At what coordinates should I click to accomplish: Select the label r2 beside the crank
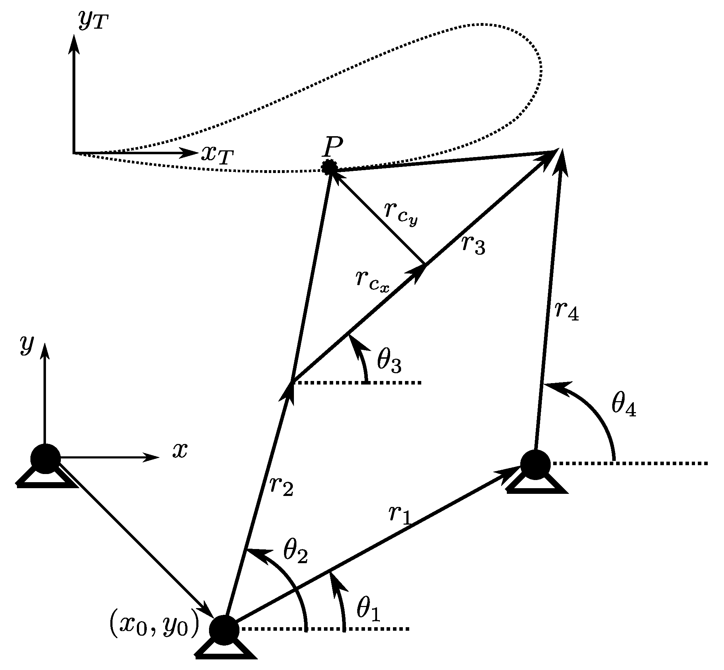[x=281, y=486]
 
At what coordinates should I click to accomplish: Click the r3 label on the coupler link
[x=474, y=246]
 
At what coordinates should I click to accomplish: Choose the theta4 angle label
[x=624, y=405]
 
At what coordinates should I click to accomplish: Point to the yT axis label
[x=93, y=21]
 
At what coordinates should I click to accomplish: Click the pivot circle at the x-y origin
[x=45, y=458]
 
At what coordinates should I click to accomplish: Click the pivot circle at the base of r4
[x=535, y=465]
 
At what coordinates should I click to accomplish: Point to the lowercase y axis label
[x=27, y=345]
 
